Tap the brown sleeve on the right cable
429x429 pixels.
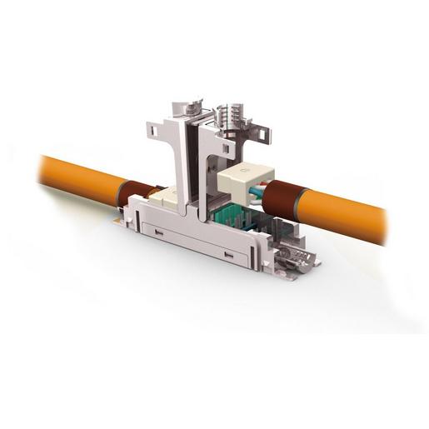(x=279, y=199)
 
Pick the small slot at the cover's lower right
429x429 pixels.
(x=228, y=255)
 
